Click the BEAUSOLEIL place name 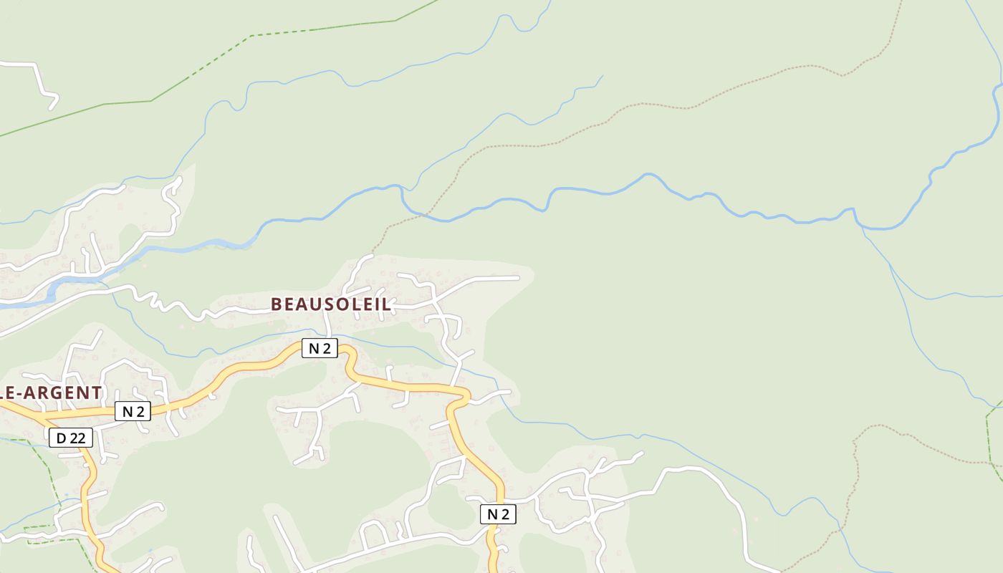pos(331,304)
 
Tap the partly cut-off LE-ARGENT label pos(50,393)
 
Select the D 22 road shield pos(71,438)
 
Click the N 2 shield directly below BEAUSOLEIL pos(320,348)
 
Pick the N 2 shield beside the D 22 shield pos(133,411)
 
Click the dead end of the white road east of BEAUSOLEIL pos(517,277)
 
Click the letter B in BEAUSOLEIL pos(276,304)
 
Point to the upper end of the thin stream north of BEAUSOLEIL pos(602,76)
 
